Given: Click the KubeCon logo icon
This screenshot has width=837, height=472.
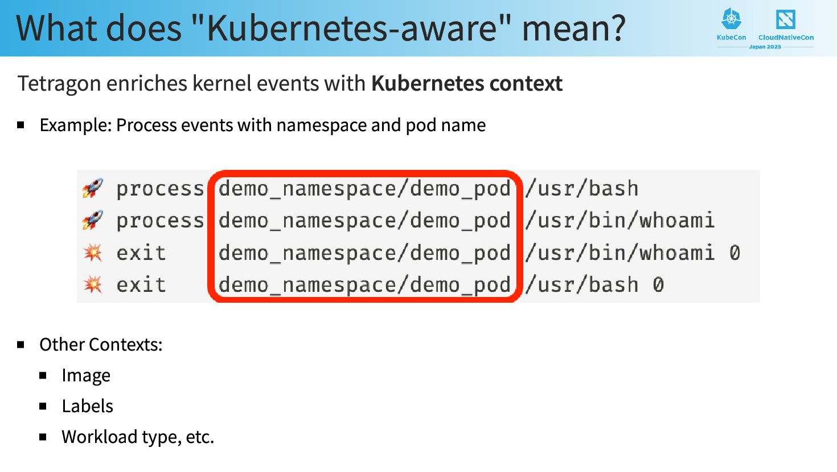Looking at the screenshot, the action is point(732,19).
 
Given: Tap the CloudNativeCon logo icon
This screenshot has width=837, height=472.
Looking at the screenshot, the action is point(785,19).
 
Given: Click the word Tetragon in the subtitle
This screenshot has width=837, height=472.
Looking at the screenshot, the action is point(59,84).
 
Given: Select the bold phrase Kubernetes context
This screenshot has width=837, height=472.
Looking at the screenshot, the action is point(466,84).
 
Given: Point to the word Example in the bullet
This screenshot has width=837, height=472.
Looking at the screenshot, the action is point(75,125).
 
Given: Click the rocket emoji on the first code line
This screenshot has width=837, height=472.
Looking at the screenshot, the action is point(93,188).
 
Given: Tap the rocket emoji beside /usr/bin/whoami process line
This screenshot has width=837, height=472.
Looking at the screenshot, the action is point(93,220).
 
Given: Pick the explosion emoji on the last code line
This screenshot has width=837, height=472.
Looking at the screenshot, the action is point(93,284).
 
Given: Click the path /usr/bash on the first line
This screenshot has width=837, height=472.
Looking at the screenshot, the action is point(582,189).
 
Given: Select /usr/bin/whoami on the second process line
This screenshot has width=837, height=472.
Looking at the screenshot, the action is point(620,221).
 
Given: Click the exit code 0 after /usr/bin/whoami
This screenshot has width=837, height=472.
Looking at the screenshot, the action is point(735,253).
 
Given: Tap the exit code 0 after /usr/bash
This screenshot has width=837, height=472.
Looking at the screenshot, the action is point(658,284).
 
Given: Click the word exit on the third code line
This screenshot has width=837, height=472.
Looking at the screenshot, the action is point(141,253).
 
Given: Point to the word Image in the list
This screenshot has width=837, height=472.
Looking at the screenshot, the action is point(86,376).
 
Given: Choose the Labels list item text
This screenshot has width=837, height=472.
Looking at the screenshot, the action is point(87,406).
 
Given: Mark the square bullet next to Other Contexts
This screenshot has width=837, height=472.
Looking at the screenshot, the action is point(21,345).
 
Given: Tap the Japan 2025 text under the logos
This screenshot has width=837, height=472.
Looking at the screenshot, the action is point(765,47).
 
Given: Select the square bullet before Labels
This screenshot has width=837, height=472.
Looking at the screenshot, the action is point(43,406).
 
